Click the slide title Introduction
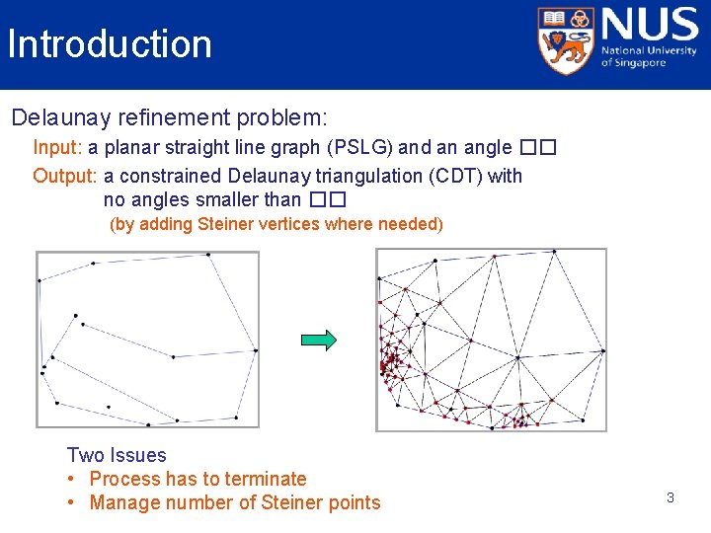[x=109, y=44]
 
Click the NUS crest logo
[x=566, y=40]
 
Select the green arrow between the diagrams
[x=319, y=340]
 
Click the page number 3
[x=670, y=497]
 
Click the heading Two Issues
[x=117, y=455]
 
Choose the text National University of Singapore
[x=649, y=57]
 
